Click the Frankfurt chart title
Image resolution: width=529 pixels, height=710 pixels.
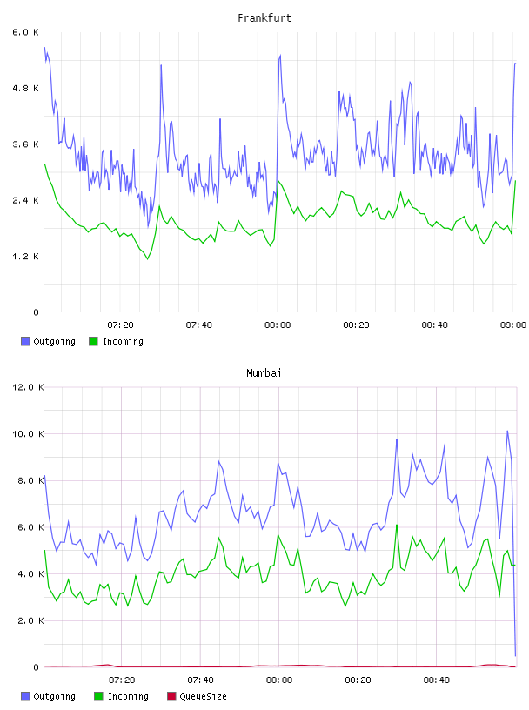pos(264,18)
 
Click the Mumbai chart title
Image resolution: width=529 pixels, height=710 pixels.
pos(264,373)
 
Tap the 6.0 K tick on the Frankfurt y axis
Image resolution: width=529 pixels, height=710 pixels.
pos(26,32)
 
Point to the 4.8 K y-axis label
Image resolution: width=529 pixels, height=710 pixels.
pos(26,88)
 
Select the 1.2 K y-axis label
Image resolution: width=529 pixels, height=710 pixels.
pos(26,257)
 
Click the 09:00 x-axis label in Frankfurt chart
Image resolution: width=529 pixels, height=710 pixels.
pos(513,325)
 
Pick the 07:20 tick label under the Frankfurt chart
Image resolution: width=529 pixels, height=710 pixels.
pos(120,325)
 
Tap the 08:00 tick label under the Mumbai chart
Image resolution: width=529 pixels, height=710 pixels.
pos(279,680)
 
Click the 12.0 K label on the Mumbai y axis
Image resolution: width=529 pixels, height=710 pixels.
pos(28,387)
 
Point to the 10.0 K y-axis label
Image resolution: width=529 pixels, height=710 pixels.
pos(28,434)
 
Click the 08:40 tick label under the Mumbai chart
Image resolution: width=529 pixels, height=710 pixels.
pos(437,680)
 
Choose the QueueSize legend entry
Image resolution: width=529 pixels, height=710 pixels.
pos(197,696)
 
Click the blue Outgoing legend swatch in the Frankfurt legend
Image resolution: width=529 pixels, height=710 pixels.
pos(25,341)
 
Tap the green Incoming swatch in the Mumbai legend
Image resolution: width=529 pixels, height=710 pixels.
pos(98,696)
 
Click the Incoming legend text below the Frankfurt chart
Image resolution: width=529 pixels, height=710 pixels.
pos(123,341)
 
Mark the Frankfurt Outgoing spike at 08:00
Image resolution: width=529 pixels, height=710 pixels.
pos(280,56)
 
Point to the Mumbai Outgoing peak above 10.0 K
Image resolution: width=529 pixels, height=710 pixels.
pos(508,431)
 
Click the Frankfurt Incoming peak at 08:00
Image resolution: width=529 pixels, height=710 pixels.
pos(278,181)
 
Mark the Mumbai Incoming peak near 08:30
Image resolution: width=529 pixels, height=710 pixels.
pos(397,525)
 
